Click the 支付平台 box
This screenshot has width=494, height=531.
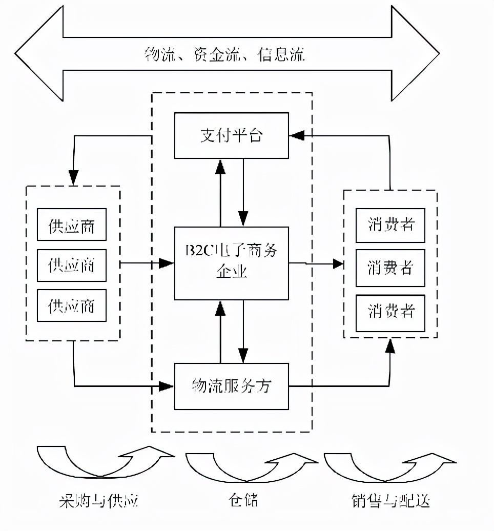pyautogui.click(x=232, y=136)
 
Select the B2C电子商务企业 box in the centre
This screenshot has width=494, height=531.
pyautogui.click(x=232, y=262)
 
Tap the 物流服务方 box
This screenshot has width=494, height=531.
pyautogui.click(x=232, y=386)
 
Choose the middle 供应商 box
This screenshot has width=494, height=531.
pyautogui.click(x=72, y=265)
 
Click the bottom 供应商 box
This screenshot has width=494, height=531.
pyautogui.click(x=72, y=305)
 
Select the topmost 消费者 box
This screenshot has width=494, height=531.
pyautogui.click(x=390, y=225)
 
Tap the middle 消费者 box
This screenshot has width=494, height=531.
pyautogui.click(x=390, y=268)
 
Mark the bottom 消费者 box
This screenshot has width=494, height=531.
pyautogui.click(x=390, y=311)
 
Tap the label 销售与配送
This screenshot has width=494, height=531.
pyautogui.click(x=390, y=500)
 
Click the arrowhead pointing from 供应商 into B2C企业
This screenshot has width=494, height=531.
pyautogui.click(x=166, y=263)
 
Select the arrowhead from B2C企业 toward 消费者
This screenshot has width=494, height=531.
pyautogui.click(x=338, y=264)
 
